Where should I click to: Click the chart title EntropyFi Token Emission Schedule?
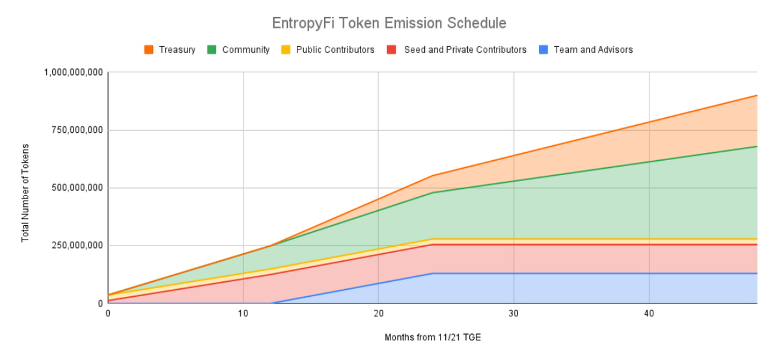pos(389,23)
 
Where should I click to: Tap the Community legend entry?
pos(239,49)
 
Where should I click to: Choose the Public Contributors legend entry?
pos(327,49)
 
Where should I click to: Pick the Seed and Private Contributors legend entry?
pos(457,49)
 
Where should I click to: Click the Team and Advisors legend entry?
pos(585,49)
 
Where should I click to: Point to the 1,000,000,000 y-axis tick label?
pos(73,72)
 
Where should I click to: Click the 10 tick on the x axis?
pos(243,314)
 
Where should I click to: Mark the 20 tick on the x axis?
pos(378,314)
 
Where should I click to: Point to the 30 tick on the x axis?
pos(514,314)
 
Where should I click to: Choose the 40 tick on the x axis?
pos(649,314)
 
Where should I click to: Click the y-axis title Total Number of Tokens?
pos(25,193)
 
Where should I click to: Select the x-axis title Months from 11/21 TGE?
pos(433,337)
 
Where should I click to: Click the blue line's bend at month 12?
pos(270,303)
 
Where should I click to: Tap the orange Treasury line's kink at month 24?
pos(432,176)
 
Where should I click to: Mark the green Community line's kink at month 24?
pos(432,193)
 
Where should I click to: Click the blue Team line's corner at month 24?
pos(432,273)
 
